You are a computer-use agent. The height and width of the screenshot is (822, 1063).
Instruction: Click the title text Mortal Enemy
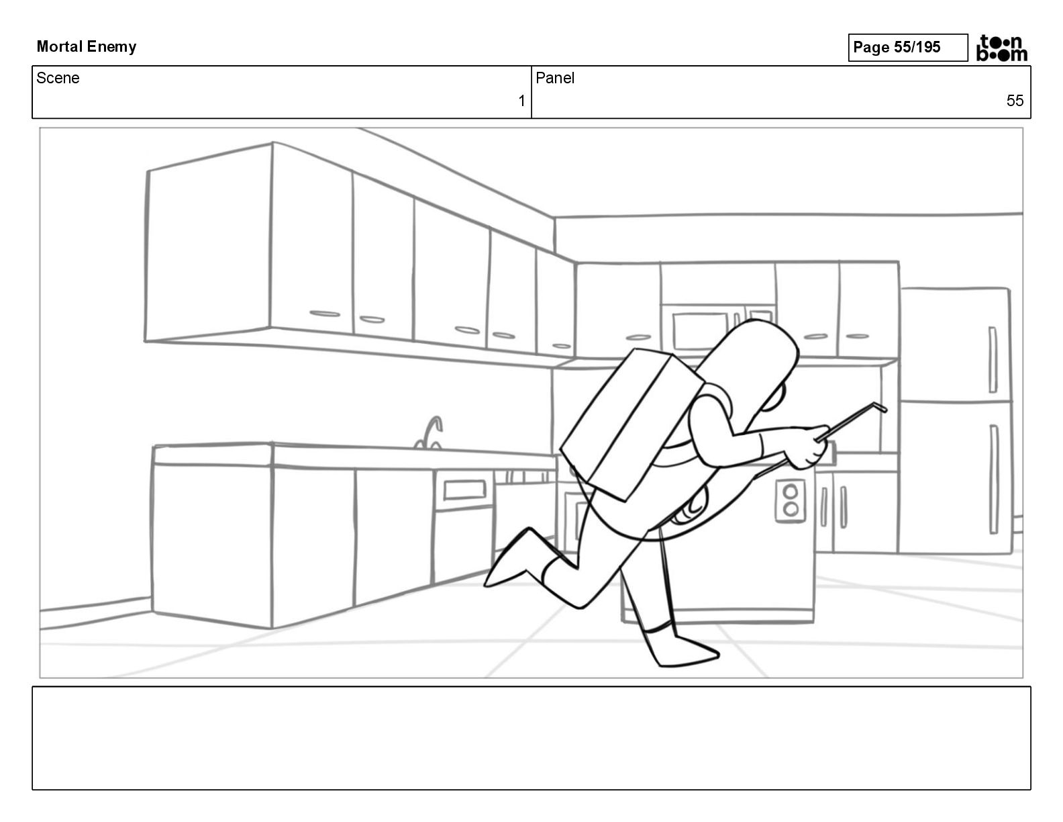[x=87, y=46]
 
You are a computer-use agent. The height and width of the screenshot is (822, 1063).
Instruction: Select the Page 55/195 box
[x=907, y=47]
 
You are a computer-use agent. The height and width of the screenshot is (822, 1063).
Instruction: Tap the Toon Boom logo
[x=1002, y=48]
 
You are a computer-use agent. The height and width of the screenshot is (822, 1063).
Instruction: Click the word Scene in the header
[x=58, y=78]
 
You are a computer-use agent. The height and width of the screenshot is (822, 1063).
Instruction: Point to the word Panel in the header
[x=555, y=78]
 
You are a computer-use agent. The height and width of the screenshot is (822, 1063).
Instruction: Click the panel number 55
[x=1015, y=101]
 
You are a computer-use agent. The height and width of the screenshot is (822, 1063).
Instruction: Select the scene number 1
[x=521, y=101]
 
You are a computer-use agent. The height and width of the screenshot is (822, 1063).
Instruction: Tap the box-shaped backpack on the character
[x=631, y=426]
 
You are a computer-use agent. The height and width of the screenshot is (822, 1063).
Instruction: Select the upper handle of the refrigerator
[x=992, y=359]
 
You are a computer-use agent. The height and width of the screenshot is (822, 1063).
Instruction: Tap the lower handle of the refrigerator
[x=994, y=469]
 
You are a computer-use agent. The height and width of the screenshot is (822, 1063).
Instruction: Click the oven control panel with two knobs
[x=791, y=501]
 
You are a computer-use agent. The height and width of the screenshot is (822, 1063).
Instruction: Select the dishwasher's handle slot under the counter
[x=464, y=490]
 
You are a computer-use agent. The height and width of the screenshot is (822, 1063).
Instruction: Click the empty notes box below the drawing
[x=531, y=737]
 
